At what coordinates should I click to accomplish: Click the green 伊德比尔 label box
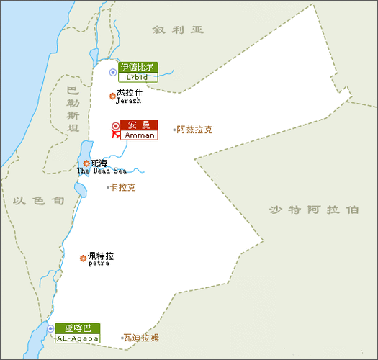click(138, 68)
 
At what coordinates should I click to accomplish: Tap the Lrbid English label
click(138, 77)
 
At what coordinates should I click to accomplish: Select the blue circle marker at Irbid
click(112, 73)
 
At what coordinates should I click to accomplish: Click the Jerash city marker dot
click(112, 96)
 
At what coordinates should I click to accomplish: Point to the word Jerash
click(128, 102)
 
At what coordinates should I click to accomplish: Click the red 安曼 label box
click(138, 125)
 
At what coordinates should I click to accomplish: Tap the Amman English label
click(138, 135)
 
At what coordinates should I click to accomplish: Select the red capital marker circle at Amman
click(114, 127)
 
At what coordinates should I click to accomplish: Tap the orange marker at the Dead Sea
click(86, 163)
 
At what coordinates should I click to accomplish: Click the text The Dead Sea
click(102, 171)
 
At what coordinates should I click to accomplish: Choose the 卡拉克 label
click(122, 187)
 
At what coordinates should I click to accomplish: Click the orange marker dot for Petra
click(83, 258)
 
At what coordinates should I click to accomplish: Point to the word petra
click(99, 264)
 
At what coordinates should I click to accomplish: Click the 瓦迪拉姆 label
click(142, 337)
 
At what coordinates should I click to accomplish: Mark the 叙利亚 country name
click(179, 30)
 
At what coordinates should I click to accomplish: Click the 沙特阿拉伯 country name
click(313, 210)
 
